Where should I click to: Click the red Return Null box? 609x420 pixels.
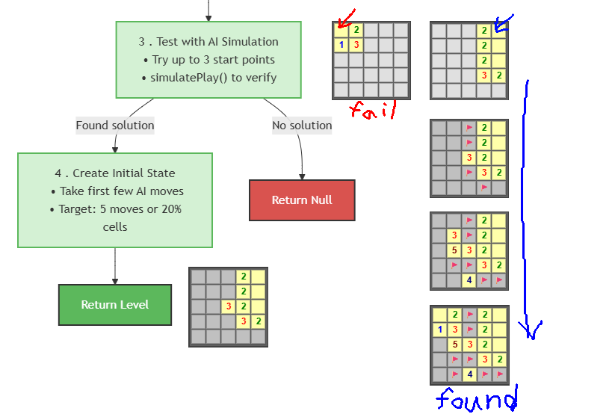coord(302,200)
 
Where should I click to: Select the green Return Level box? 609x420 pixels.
coord(115,305)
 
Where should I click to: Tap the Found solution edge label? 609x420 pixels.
coord(115,126)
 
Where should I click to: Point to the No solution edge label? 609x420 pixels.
coord(302,126)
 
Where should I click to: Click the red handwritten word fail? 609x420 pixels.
coord(373,110)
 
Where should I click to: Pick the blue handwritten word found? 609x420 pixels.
coord(477,399)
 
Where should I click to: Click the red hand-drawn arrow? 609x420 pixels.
coord(346,18)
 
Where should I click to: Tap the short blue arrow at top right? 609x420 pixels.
coord(504,23)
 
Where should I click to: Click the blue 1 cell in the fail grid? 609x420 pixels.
coord(341,45)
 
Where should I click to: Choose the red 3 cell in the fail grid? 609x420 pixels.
coord(356,45)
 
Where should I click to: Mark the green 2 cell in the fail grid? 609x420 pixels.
coord(356,30)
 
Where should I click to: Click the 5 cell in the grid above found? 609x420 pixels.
coord(455,345)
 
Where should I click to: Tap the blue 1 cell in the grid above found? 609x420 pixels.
coord(439,330)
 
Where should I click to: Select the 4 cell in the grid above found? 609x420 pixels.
coord(470,374)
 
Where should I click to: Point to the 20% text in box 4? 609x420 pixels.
coord(172,209)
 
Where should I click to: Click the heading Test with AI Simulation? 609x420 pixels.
coord(217,42)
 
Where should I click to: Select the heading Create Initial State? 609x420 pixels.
coord(124,173)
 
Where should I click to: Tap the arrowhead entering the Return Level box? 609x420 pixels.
coord(115,281)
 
